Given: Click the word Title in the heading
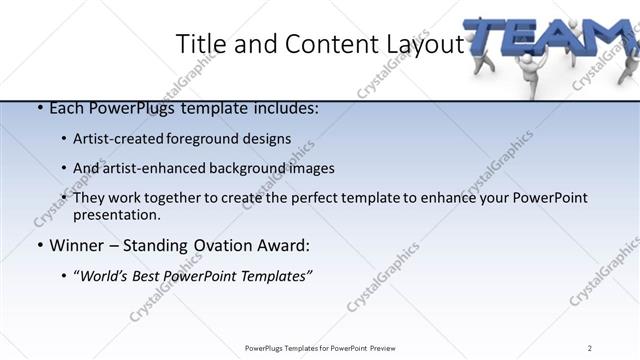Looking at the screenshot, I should point(198,44).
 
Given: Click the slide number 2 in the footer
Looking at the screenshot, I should point(590,347).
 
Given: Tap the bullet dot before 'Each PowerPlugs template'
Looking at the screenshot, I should point(38,108).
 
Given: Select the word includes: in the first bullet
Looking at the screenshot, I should point(285,108).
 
